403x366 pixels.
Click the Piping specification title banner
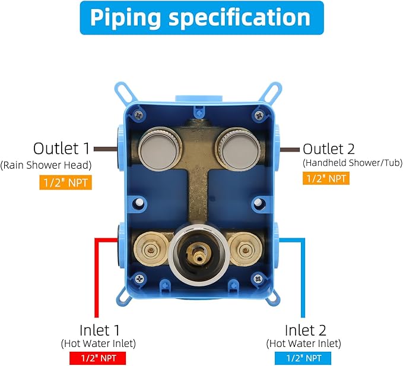(202, 18)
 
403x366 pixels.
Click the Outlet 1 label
(61, 149)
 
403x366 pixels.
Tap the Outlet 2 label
(328, 149)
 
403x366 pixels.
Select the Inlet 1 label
(100, 330)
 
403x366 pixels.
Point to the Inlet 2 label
(305, 330)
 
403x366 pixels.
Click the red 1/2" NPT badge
(98, 358)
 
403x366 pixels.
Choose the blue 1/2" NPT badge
(303, 358)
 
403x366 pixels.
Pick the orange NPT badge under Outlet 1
(65, 182)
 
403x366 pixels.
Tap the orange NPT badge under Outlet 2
(326, 178)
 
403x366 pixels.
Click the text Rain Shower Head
(46, 165)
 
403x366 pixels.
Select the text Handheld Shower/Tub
(353, 163)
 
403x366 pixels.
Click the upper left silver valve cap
(160, 149)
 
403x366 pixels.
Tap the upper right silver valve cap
(239, 149)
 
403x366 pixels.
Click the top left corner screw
(139, 115)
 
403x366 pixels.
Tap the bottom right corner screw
(258, 278)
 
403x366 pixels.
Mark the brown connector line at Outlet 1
(106, 149)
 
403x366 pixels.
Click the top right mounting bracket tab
(271, 92)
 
